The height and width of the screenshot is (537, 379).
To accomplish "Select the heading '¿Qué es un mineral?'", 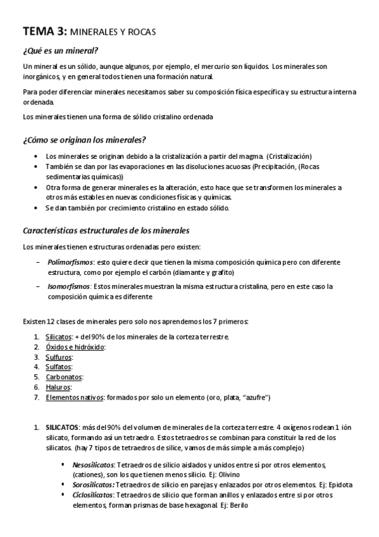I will pyautogui.click(x=60, y=51).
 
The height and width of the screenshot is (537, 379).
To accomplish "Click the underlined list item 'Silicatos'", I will pyautogui.click(x=58, y=336).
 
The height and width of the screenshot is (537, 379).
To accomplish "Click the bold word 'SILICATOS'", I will pyautogui.click(x=61, y=428).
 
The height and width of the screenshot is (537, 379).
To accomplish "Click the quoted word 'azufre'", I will pyautogui.click(x=255, y=397).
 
